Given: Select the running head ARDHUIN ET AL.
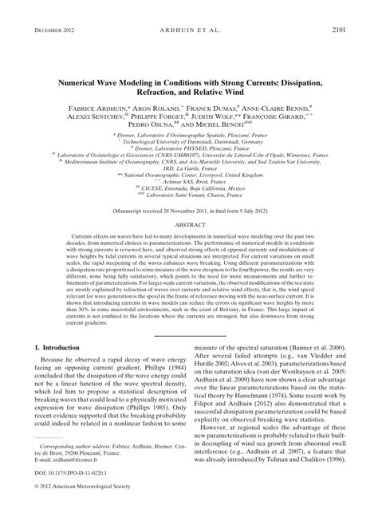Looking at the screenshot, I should click(x=189, y=10).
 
